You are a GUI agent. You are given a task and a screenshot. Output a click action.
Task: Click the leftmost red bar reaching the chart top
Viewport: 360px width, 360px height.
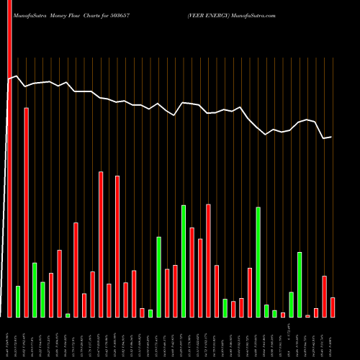click(x=9, y=158)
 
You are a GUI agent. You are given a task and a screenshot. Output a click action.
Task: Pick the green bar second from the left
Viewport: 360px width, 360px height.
click(x=18, y=302)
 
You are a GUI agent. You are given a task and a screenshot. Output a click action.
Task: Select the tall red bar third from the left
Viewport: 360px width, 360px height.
click(x=27, y=212)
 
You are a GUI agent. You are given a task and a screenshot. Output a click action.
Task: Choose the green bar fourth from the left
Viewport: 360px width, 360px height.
click(x=35, y=290)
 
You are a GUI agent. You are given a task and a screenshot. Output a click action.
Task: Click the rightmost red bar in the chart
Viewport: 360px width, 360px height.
click(x=333, y=307)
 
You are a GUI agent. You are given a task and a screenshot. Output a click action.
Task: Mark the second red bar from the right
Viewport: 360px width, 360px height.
click(x=324, y=297)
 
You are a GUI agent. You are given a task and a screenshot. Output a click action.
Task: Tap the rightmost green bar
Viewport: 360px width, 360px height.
click(x=300, y=284)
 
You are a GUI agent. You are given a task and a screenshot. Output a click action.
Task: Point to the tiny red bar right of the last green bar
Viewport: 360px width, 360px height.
click(x=307, y=316)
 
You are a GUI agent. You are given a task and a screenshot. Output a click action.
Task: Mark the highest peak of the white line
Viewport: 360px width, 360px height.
click(x=17, y=76)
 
